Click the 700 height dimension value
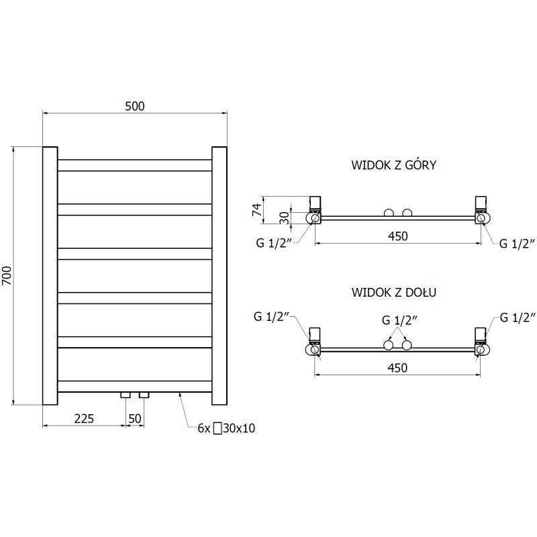click(7, 276)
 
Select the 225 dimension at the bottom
click(83, 419)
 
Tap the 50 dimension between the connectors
click(134, 419)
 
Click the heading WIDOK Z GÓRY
click(394, 165)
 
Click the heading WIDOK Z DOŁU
click(394, 293)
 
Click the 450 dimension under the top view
click(397, 236)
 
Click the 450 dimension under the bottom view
click(397, 368)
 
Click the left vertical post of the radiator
click(50, 276)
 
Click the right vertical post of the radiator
click(219, 276)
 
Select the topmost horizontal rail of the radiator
click(135, 165)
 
